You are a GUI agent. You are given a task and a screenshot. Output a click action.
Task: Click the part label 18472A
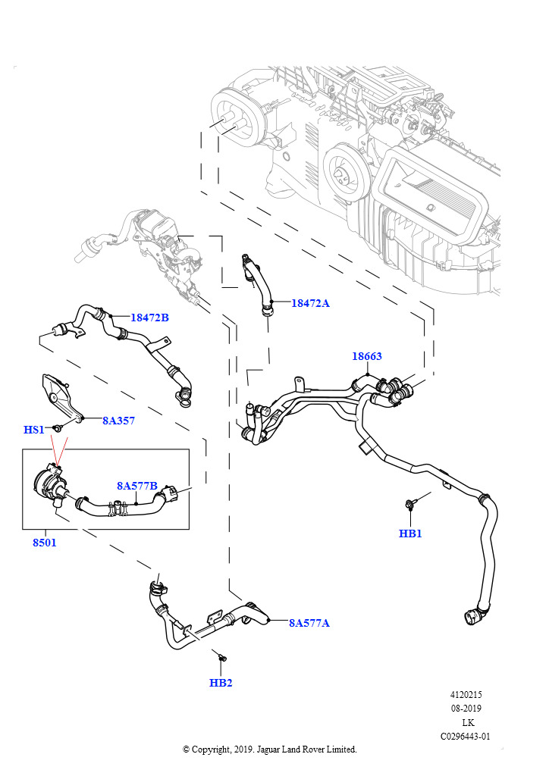[x=311, y=303]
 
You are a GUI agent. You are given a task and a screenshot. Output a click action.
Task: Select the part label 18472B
[x=149, y=318]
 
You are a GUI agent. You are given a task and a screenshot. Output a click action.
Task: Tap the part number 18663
[x=366, y=356]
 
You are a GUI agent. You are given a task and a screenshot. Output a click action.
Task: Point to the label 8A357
[x=118, y=421]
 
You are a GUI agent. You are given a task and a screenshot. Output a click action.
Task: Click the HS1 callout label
[x=34, y=430]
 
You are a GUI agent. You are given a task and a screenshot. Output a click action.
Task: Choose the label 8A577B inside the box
[x=136, y=486]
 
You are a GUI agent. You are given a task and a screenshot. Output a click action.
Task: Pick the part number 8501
[x=44, y=543]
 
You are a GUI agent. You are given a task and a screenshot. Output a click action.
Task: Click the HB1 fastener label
[x=410, y=533]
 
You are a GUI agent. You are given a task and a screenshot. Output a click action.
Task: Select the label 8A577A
[x=309, y=623]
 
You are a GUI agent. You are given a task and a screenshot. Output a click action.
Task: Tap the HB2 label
[x=221, y=683]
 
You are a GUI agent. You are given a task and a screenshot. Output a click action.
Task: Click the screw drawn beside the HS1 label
[x=57, y=429]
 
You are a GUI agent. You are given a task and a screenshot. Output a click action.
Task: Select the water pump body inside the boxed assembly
[x=48, y=485]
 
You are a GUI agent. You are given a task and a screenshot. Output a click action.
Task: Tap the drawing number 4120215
[x=466, y=695]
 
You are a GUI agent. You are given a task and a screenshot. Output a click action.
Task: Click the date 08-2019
[x=466, y=709]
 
